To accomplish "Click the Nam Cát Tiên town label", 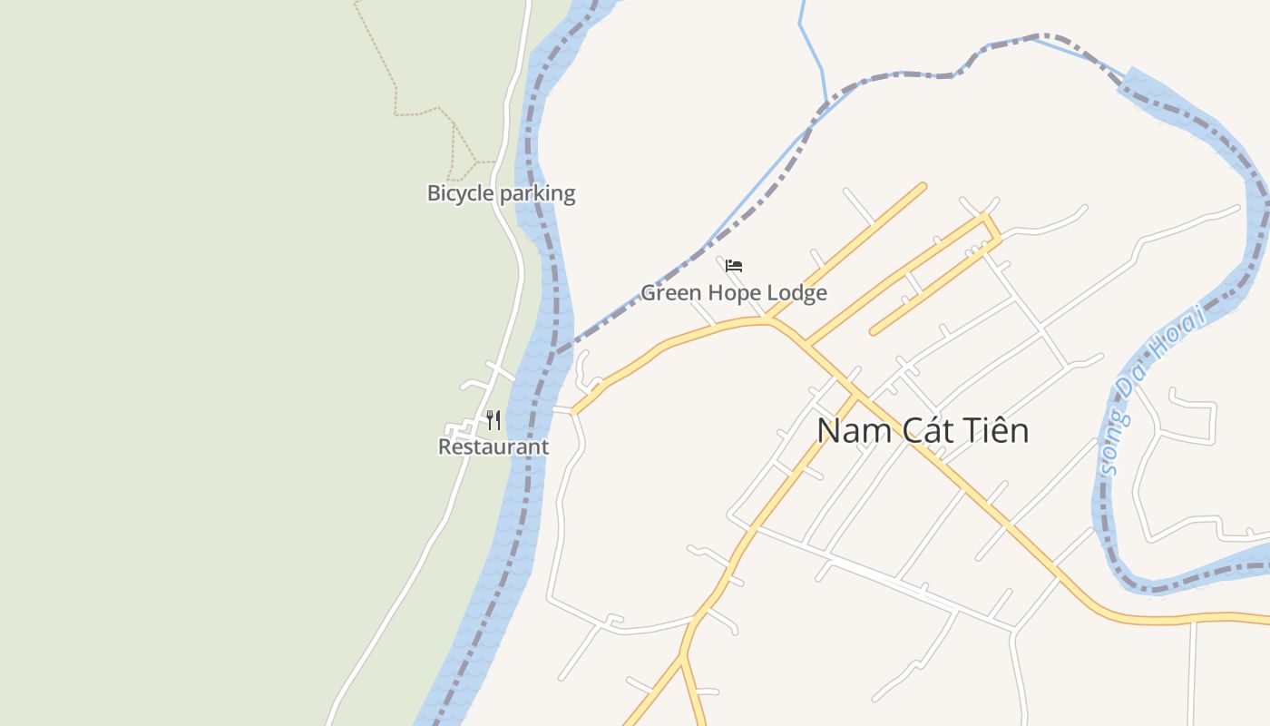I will [923, 430].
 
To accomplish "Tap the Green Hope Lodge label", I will [734, 292].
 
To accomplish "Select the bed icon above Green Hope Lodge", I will [734, 266].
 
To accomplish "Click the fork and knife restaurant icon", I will [493, 419].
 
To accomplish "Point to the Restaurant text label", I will [493, 446].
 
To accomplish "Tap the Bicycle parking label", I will [501, 193].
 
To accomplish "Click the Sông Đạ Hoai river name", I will [1150, 390].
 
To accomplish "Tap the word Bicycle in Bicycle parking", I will [460, 193].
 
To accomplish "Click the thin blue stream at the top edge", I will [802, 27].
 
